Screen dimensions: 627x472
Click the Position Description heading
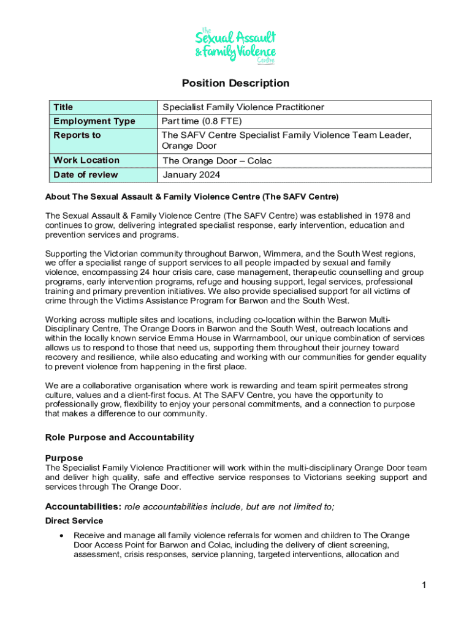point(235,83)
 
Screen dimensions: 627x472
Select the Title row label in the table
point(63,107)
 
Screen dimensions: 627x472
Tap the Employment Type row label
point(94,121)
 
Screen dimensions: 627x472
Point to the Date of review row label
point(86,175)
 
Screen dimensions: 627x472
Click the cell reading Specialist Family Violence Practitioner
point(243,107)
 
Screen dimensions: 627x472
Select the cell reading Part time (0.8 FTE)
point(202,121)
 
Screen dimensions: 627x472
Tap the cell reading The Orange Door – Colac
point(217,161)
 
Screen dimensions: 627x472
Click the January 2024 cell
point(191,175)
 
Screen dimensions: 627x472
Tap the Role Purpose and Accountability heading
point(120,437)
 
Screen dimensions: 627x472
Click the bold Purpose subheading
point(64,458)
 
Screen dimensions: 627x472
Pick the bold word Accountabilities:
point(83,506)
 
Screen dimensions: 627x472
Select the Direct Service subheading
point(72,521)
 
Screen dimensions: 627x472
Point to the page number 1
point(423,585)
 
